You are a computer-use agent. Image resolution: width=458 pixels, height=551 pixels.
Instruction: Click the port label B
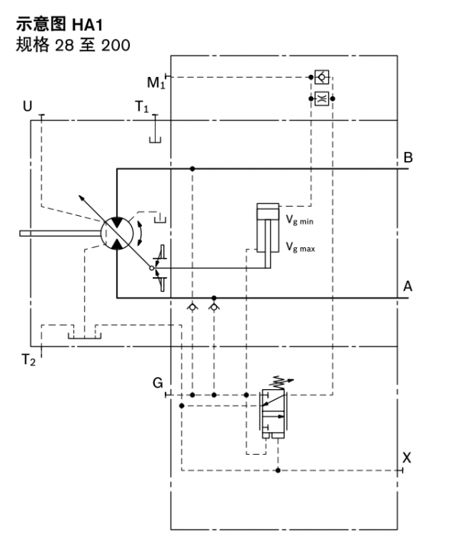(408, 158)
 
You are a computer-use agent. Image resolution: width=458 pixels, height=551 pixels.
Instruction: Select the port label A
(408, 286)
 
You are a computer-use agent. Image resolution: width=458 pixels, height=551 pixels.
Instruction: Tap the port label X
(407, 458)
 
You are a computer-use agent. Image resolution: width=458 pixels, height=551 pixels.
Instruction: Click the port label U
(27, 106)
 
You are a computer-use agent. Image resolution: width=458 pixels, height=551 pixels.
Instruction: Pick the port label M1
(156, 82)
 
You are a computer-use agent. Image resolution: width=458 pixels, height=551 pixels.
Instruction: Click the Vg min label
(300, 221)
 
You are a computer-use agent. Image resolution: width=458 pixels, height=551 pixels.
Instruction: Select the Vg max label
(300, 247)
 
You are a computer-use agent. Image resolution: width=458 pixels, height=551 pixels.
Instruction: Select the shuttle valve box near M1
(321, 77)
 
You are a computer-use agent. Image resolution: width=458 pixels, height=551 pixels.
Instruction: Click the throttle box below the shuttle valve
(321, 98)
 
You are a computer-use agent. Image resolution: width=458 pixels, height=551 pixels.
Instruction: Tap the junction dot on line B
(192, 169)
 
